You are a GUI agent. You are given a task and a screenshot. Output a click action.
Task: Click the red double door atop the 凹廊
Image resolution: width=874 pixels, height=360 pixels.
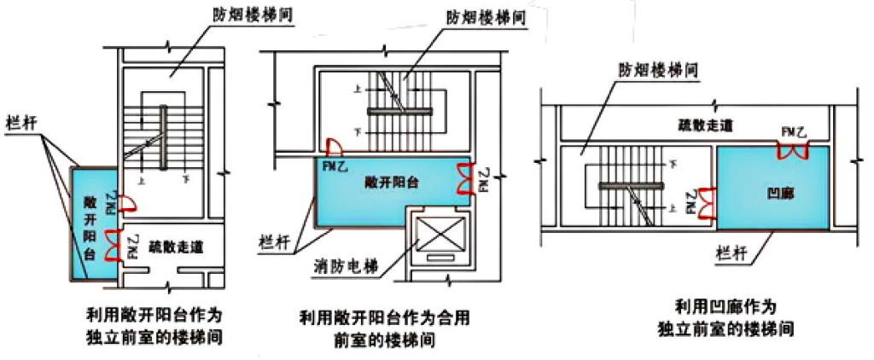tap(793, 152)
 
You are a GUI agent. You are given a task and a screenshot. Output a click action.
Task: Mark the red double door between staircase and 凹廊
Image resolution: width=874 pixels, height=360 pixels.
tap(708, 202)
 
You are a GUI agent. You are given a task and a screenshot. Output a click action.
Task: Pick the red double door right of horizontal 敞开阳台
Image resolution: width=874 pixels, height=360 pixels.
tap(465, 179)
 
